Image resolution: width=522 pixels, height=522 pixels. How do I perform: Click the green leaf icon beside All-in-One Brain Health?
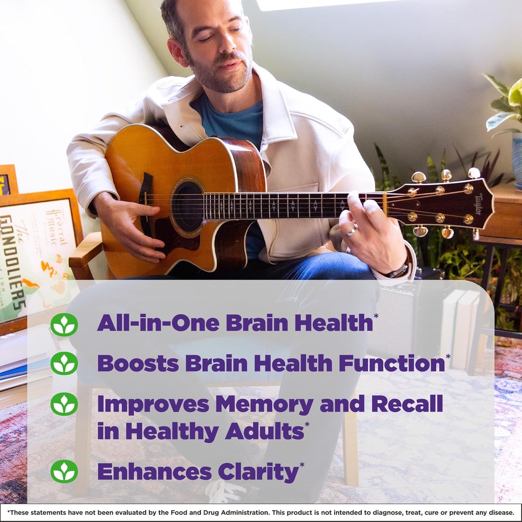(x=64, y=324)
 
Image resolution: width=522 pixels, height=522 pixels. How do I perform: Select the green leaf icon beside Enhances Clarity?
(x=64, y=471)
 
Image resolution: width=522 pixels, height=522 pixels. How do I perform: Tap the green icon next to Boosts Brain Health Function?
(x=64, y=363)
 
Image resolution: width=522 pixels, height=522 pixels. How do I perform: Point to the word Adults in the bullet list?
(x=264, y=431)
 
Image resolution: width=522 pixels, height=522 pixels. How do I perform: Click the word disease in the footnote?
(x=501, y=513)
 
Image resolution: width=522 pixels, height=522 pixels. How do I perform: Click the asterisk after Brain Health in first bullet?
(x=376, y=316)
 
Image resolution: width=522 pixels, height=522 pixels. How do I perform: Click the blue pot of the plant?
(x=517, y=159)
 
